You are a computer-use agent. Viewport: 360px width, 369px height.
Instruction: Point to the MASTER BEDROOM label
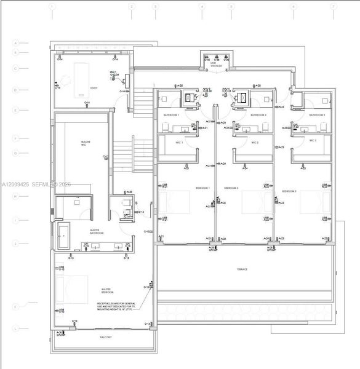(110, 290)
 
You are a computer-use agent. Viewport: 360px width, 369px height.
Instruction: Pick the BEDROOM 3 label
(289, 192)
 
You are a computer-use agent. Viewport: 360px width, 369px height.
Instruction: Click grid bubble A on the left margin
(18, 43)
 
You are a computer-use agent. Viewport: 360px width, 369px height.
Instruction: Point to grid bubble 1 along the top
(54, 7)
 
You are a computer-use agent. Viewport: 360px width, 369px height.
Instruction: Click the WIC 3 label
(313, 140)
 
